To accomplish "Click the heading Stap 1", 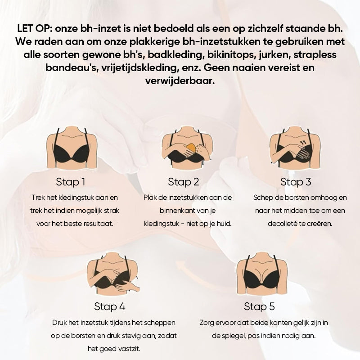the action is tap(71, 182).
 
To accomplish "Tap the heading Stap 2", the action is tap(183, 182).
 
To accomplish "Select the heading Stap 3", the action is tap(296, 182).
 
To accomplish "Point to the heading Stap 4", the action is tap(110, 306).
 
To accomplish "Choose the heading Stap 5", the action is tap(259, 306).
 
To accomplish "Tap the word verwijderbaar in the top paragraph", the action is tap(180, 81).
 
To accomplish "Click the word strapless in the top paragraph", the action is tap(315, 55).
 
